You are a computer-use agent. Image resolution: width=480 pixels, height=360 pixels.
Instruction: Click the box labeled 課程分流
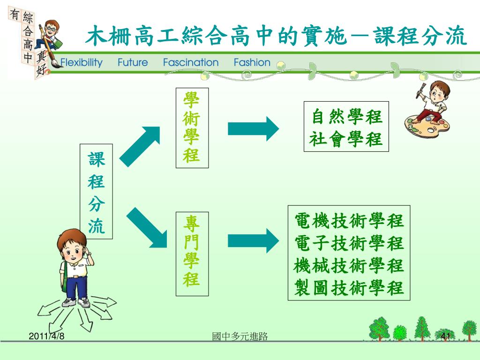tap(97, 192)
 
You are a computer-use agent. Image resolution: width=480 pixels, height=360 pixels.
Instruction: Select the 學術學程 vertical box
tap(192, 127)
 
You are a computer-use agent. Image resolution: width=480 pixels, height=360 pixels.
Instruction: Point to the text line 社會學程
tap(347, 139)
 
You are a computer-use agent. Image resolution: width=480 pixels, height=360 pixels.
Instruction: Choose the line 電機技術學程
tap(349, 220)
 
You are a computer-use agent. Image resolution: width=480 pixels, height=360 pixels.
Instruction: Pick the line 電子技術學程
tap(349, 243)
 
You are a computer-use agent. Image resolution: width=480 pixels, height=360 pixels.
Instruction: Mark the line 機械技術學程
tap(349, 265)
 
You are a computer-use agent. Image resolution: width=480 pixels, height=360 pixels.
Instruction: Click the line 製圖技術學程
tap(349, 287)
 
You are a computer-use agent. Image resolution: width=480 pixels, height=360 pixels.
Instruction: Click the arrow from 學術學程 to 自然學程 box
tap(253, 128)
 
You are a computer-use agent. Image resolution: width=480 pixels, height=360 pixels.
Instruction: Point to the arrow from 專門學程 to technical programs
tap(253, 240)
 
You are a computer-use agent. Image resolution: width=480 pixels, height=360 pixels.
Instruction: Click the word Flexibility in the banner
tap(81, 63)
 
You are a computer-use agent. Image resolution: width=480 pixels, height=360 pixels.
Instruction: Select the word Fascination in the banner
tap(191, 63)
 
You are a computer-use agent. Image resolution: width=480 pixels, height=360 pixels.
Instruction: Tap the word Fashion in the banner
tap(252, 63)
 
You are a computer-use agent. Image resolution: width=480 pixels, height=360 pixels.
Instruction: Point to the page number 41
tap(446, 336)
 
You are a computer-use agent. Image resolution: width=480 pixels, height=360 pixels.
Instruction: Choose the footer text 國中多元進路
tap(240, 336)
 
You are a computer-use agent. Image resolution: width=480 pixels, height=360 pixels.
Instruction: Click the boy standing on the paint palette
tap(430, 108)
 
